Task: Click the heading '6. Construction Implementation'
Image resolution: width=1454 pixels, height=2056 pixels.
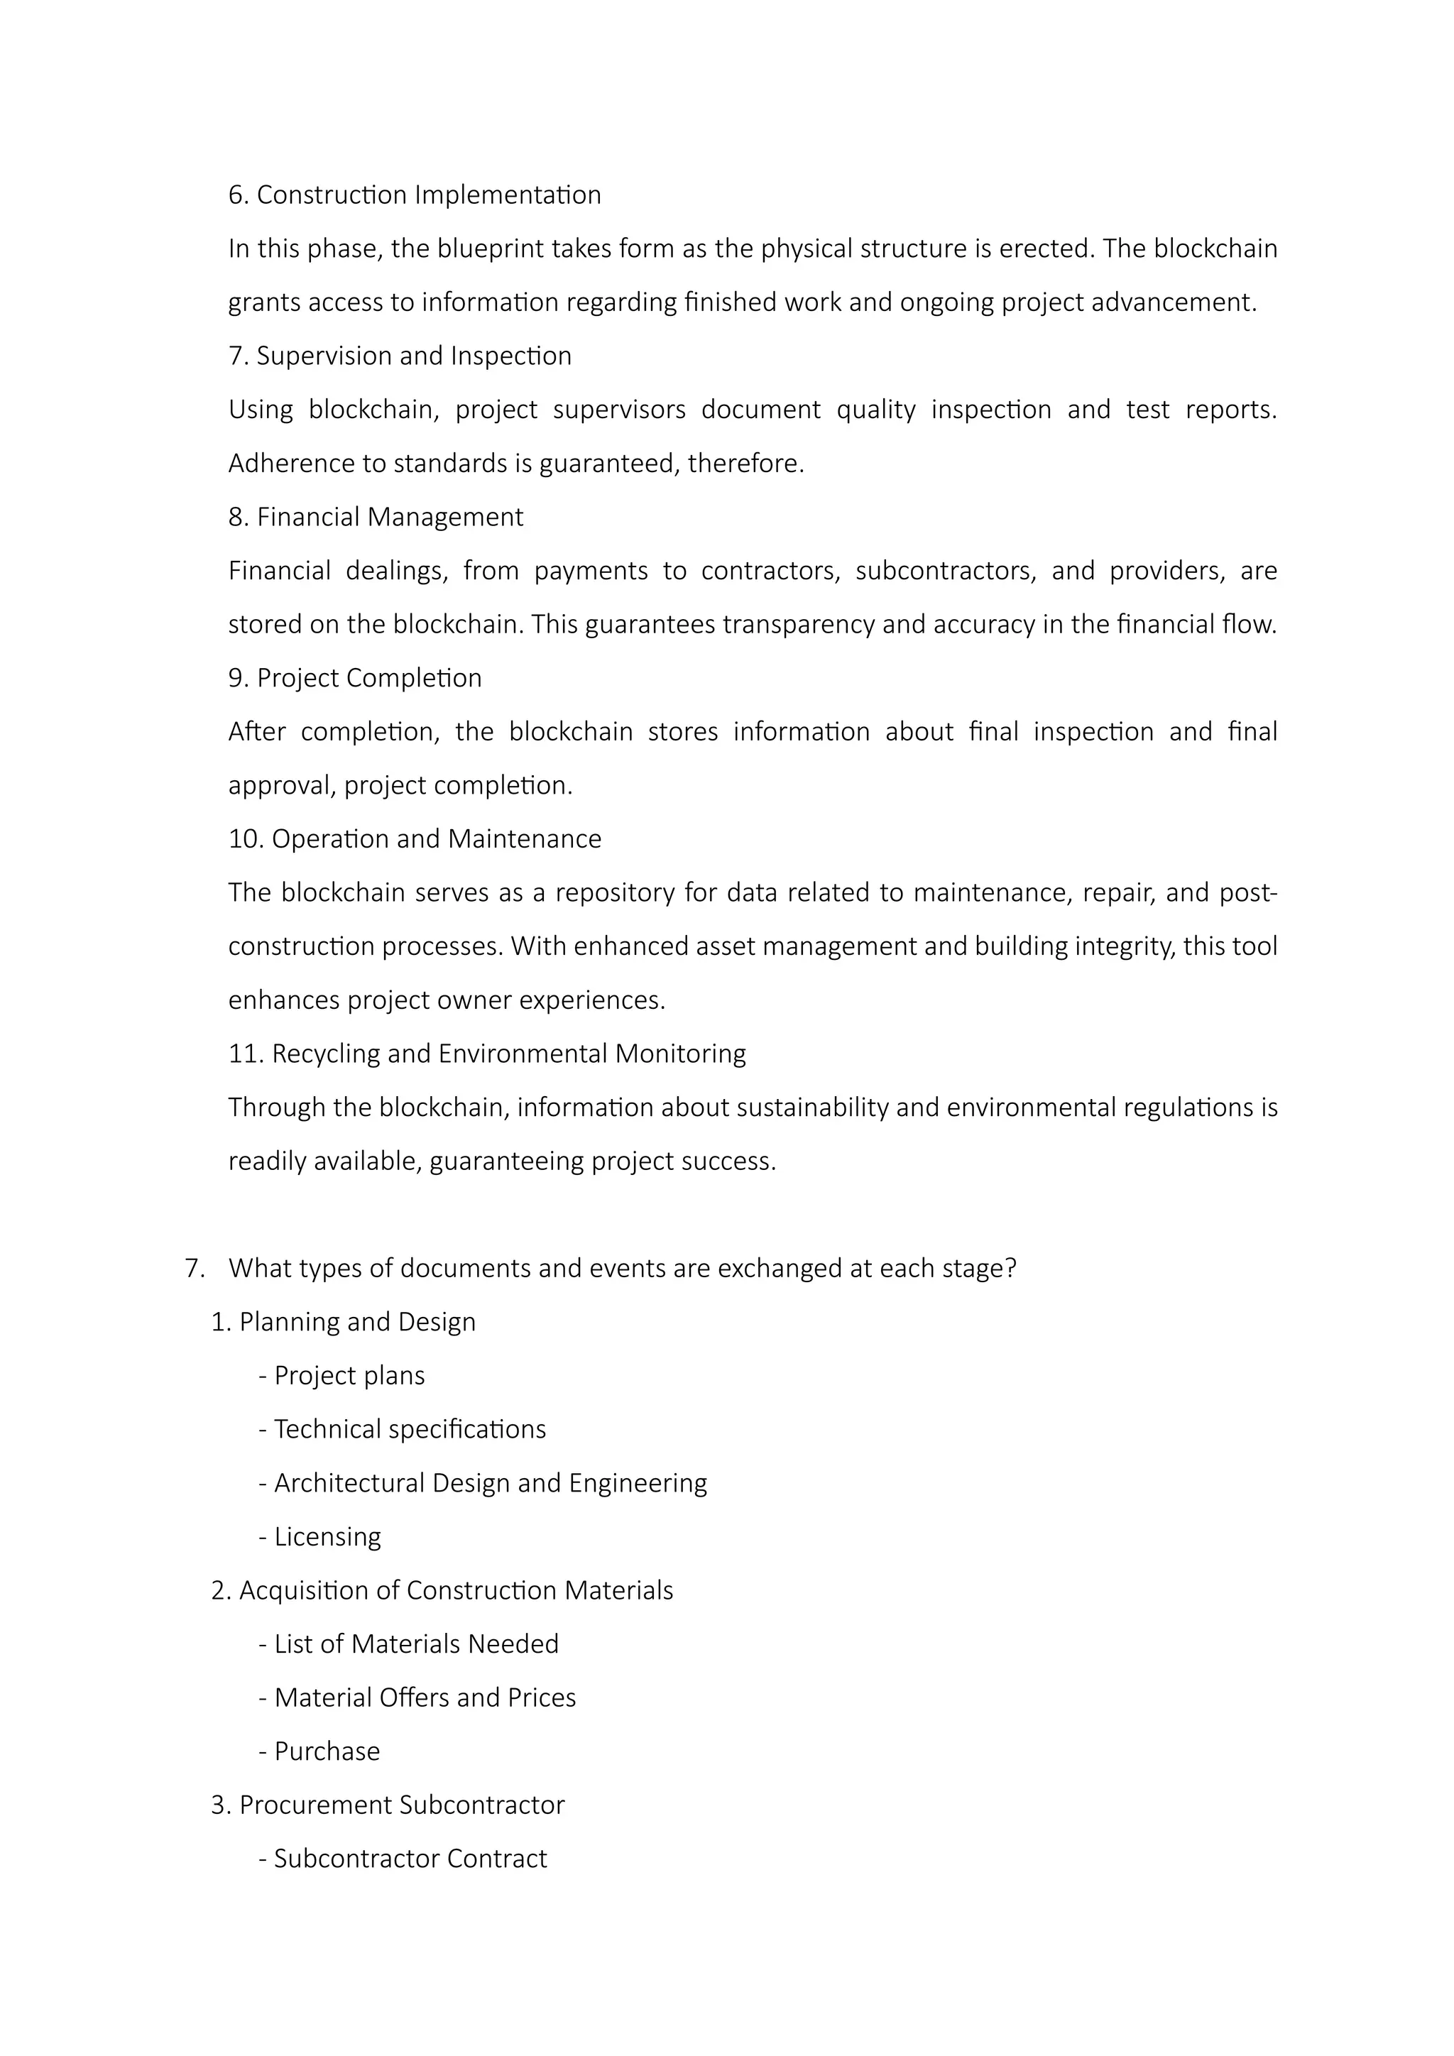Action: tap(415, 195)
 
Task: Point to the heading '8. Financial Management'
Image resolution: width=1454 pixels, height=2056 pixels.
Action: tap(376, 518)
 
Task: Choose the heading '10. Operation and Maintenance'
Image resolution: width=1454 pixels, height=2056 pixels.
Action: tap(415, 839)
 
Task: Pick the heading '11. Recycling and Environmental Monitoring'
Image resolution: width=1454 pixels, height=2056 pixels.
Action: tap(487, 1054)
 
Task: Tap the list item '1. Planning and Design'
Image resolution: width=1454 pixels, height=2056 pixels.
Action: tap(343, 1323)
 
